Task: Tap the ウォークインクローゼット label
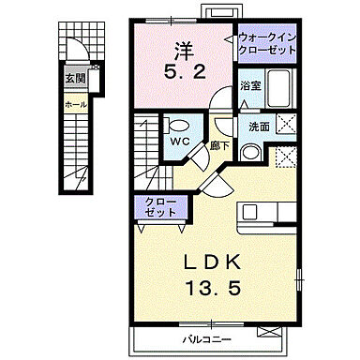(x=268, y=42)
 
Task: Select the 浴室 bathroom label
(x=248, y=85)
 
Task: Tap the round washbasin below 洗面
(x=252, y=152)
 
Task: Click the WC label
(x=180, y=141)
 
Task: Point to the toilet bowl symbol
(x=177, y=123)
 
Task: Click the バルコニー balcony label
(x=203, y=338)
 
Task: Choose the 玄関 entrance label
(x=73, y=79)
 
